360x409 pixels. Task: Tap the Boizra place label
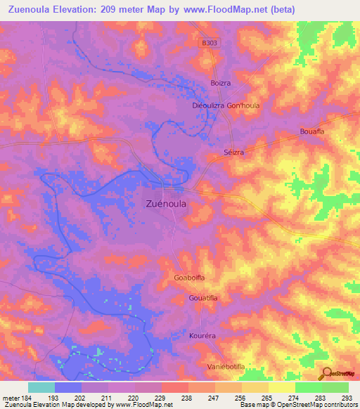221,83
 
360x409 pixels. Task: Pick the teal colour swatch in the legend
41,387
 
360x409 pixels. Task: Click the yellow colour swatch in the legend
281,387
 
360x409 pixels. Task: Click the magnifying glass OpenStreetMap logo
326,374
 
